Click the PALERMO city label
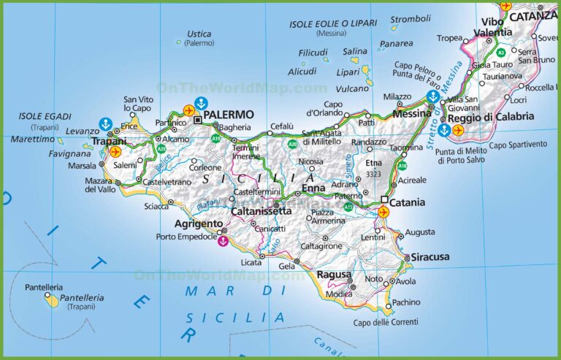coord(229,115)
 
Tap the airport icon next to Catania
coord(383,212)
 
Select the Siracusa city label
coord(430,257)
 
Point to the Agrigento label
coord(198,223)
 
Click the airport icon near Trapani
coord(115,151)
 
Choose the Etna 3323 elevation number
coord(374,175)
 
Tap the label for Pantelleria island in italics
coord(82,298)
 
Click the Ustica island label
coord(199,34)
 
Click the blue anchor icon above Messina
coord(432,96)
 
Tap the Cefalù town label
coord(282,126)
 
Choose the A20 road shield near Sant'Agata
coord(292,145)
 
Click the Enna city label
coord(313,189)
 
